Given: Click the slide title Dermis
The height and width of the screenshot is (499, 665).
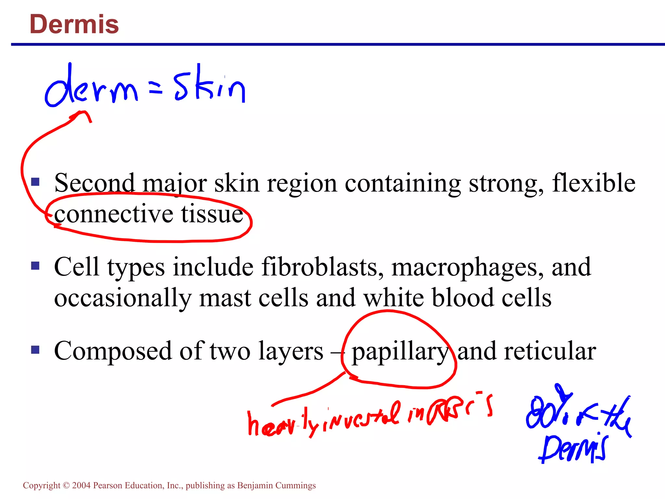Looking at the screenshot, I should click(74, 24).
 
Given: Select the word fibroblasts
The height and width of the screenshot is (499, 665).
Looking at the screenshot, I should click(322, 267).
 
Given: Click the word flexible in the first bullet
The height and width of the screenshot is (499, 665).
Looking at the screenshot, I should click(594, 183).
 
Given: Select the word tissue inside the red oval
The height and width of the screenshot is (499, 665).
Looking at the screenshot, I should click(212, 214).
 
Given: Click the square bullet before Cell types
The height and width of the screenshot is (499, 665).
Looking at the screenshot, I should click(35, 266).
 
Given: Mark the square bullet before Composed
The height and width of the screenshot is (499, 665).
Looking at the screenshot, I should click(35, 350).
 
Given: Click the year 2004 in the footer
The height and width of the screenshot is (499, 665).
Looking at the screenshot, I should click(81, 485).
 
